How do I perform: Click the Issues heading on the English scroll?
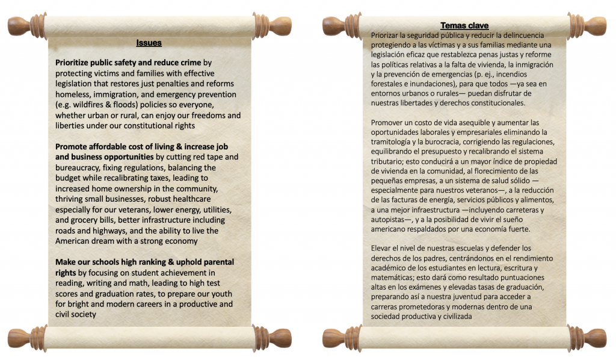pos(149,43)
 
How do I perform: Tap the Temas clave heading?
pos(464,25)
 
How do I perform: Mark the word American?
pos(75,241)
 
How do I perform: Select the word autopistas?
pos(391,219)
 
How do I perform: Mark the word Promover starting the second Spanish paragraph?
pos(389,122)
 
